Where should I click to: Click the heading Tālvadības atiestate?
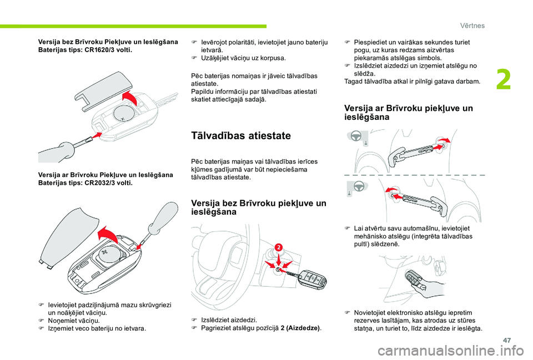[x=241, y=135]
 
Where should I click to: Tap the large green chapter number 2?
[x=504, y=80]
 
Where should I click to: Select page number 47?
[x=506, y=340]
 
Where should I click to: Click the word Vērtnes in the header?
[x=472, y=26]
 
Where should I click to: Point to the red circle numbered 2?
[x=278, y=247]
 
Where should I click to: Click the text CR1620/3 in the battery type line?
[x=99, y=50]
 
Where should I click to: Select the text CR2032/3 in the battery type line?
[x=99, y=182]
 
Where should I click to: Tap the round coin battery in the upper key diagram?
[x=124, y=113]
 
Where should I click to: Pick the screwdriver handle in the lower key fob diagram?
[x=164, y=217]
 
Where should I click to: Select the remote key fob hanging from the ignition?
[x=313, y=279]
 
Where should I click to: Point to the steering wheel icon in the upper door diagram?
[x=356, y=136]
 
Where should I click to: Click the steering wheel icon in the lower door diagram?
[x=359, y=186]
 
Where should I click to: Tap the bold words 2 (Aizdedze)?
[x=300, y=328]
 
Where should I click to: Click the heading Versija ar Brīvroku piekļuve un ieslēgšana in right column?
[x=409, y=113]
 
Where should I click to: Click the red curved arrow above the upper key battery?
[x=130, y=98]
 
